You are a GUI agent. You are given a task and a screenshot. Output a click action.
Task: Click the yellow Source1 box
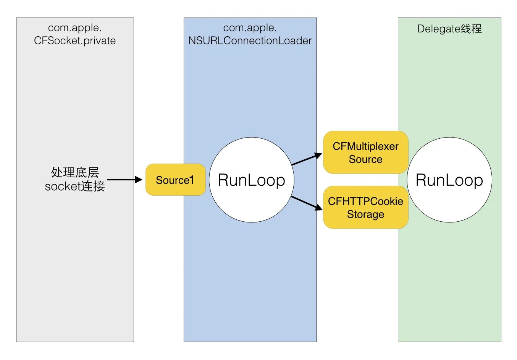pos(175,180)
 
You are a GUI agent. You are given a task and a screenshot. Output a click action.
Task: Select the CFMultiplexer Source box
pos(365,152)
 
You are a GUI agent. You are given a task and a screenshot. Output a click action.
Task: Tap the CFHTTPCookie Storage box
pos(365,208)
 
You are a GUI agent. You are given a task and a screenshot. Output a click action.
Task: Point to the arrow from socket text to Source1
pos(124,180)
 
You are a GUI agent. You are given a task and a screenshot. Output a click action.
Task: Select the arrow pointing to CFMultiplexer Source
pos(307,159)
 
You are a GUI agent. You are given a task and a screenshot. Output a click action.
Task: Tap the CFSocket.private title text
pos(75,41)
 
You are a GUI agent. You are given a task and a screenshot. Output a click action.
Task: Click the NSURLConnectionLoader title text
pos(250,41)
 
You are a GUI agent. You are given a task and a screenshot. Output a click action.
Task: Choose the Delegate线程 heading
pos(449,29)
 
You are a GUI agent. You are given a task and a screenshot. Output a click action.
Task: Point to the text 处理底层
pos(75,172)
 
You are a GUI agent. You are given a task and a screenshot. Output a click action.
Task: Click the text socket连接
pos(75,186)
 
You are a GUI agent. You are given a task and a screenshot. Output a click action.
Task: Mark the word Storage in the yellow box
pos(365,214)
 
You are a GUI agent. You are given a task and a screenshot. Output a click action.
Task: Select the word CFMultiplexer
pos(365,146)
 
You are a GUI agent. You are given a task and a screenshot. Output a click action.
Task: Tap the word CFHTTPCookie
pos(365,201)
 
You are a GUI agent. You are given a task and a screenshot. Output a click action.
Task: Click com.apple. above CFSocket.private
pos(75,28)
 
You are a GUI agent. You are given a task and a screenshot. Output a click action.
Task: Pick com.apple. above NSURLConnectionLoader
pos(250,28)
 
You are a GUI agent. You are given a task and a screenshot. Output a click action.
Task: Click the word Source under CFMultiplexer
pos(365,159)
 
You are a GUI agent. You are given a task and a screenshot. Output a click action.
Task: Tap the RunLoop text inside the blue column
pos(252,180)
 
